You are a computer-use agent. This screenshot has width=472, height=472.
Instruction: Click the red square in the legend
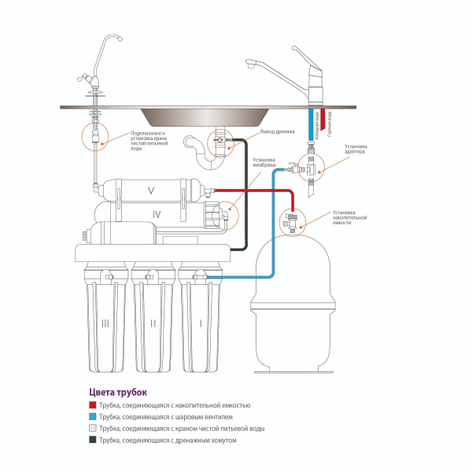point(93,404)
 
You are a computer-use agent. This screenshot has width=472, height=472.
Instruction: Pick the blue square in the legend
point(93,416)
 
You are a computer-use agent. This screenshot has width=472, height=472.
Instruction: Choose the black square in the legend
point(93,441)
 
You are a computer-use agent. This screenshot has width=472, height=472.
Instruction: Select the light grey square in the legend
point(93,429)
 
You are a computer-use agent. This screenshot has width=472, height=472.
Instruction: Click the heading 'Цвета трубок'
point(118,391)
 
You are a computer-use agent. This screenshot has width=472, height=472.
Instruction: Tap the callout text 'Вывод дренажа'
point(275,133)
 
